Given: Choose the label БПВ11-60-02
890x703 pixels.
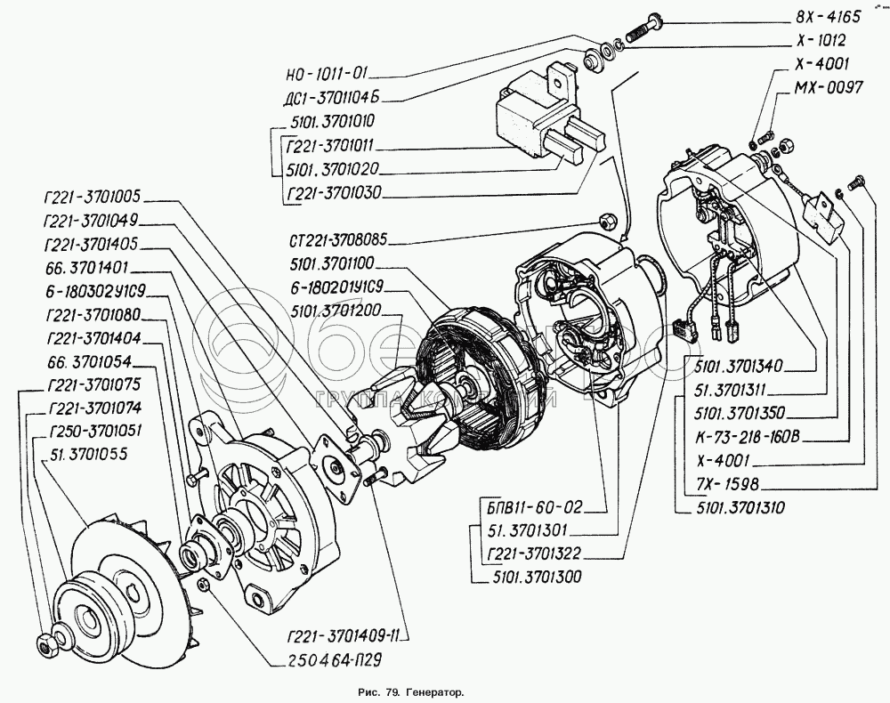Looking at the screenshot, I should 528,508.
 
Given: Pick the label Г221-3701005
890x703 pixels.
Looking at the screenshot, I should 97,198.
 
